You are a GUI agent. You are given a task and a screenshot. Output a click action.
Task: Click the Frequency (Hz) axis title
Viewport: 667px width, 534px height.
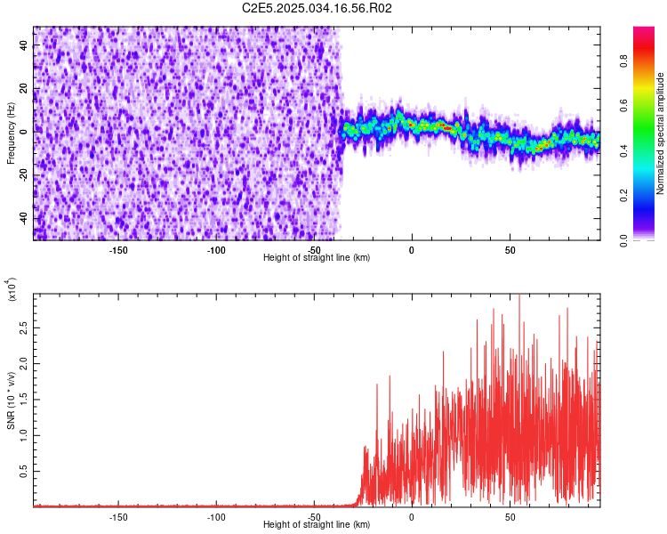tap(11, 133)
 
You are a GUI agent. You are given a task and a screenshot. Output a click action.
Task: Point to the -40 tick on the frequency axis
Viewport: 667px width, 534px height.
tap(23, 218)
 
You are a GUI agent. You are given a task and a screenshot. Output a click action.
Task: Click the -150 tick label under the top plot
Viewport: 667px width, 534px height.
tap(118, 249)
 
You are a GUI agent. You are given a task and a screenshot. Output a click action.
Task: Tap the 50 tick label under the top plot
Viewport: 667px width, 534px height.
tap(510, 249)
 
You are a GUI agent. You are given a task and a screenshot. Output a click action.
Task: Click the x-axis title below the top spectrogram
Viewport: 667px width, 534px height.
tap(317, 257)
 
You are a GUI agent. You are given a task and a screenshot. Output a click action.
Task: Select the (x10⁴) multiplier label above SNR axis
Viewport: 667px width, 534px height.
tap(13, 289)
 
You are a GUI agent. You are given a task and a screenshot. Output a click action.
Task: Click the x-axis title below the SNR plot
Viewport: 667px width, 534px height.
tap(317, 524)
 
